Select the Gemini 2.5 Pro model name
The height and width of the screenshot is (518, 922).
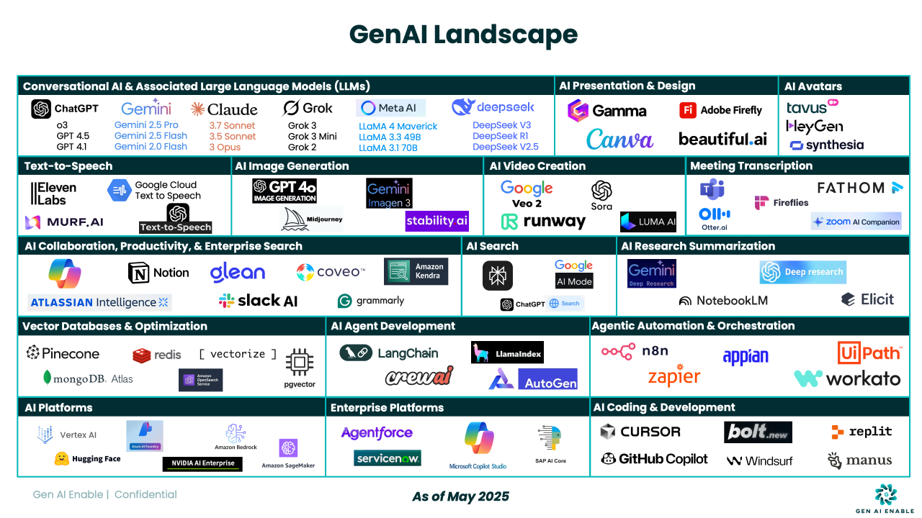point(146,125)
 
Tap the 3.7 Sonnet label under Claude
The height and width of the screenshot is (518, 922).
point(233,126)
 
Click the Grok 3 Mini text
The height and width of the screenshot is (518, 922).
point(312,137)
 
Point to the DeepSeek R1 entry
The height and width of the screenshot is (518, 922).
point(501,136)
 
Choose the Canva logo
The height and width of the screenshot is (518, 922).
point(619,139)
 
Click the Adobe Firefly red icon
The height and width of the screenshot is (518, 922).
point(688,110)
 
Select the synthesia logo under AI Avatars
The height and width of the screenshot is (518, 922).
point(826,145)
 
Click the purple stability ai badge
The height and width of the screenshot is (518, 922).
point(437,221)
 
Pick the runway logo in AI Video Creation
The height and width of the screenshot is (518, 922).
point(543,222)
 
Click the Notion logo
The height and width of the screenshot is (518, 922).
point(158,273)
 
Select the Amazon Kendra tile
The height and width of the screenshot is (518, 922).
point(416,271)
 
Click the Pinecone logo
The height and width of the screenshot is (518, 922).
point(63,353)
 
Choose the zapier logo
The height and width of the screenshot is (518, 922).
point(673,377)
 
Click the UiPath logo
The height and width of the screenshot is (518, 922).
point(869,353)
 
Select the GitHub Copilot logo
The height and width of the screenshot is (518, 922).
point(654,459)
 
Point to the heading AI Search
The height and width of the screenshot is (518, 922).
point(492,246)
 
